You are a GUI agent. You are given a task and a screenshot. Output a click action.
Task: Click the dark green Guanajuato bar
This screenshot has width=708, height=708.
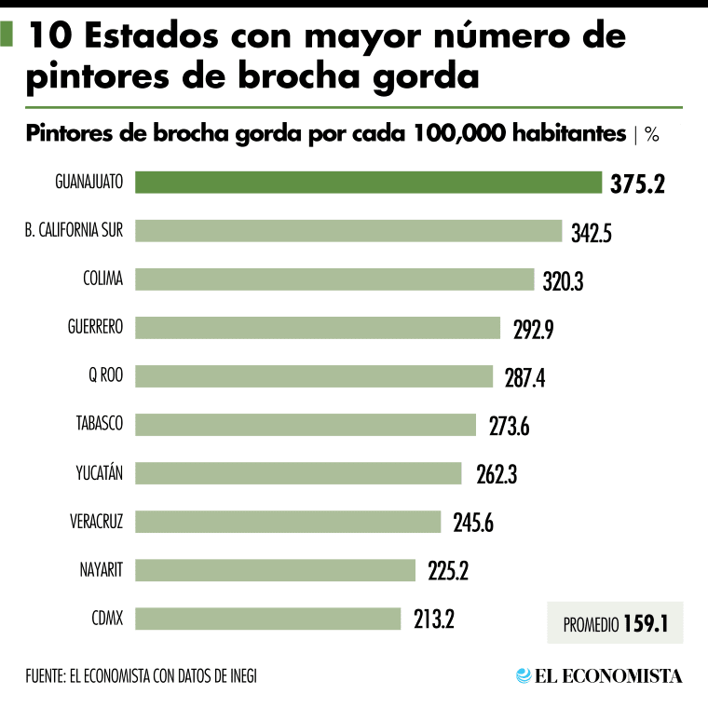[369, 182]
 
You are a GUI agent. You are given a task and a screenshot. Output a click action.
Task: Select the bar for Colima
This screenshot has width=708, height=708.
[335, 279]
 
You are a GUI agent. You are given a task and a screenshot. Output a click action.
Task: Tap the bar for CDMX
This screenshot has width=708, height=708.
[268, 618]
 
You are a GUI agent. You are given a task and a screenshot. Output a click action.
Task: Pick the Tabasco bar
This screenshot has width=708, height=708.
[306, 425]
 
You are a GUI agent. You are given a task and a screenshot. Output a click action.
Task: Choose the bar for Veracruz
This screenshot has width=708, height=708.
[289, 522]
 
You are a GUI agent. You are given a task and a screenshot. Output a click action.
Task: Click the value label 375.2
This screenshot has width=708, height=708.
[637, 184]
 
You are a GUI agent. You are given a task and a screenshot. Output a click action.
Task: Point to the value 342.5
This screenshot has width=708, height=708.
[591, 232]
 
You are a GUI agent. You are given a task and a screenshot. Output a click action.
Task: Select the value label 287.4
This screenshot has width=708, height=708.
[521, 377]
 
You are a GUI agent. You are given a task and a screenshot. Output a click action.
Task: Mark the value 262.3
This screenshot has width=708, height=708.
[490, 474]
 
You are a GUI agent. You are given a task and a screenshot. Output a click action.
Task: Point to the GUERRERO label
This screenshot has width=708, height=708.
[95, 327]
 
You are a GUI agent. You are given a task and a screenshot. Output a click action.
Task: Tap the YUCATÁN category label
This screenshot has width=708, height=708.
[99, 472]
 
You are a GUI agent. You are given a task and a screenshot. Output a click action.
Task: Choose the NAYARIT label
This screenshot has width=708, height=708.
[102, 569]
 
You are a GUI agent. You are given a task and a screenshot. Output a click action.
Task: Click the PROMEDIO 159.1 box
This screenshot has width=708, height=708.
[615, 623]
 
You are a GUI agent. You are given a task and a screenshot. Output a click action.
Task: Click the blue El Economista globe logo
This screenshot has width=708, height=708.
[524, 675]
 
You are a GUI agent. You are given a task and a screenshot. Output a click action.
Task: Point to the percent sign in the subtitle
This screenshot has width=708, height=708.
[651, 134]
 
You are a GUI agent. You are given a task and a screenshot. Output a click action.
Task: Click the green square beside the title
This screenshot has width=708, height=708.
[7, 36]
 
